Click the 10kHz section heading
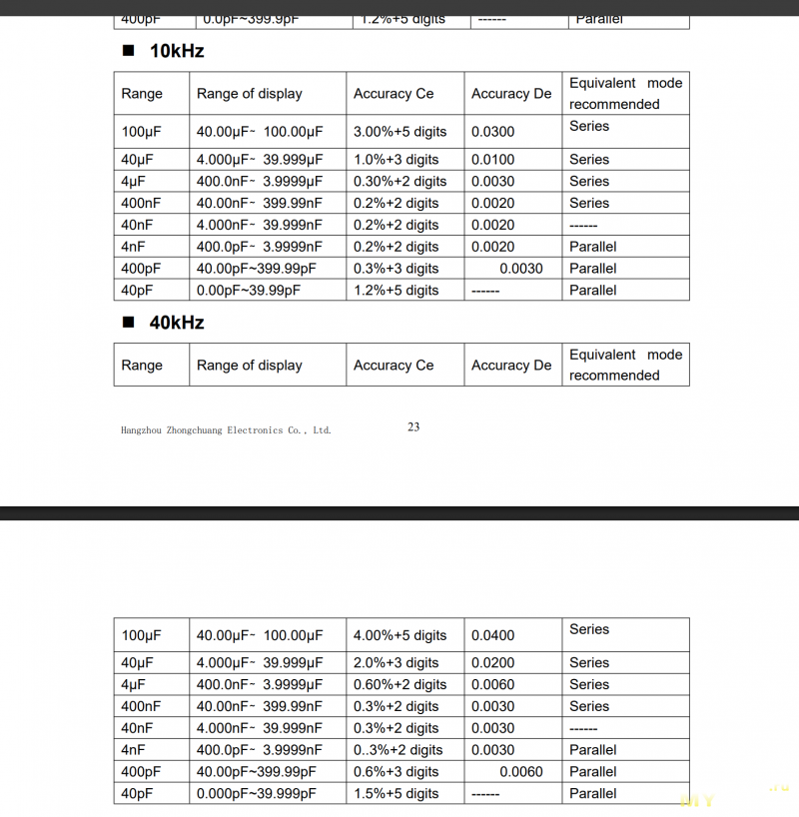[177, 51]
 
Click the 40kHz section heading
[177, 323]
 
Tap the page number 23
[413, 426]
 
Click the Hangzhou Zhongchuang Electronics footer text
[226, 430]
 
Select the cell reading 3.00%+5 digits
[399, 132]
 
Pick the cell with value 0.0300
[493, 132]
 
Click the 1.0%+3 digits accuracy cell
[396, 160]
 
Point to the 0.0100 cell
[493, 160]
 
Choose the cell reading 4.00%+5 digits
[399, 635]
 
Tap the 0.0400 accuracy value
[493, 635]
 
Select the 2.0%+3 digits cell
[396, 663]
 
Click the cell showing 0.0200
[493, 663]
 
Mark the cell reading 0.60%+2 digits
[399, 685]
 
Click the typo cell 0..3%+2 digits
[398, 750]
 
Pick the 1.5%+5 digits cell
[396, 794]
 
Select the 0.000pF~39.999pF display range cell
[257, 794]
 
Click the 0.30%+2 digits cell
[399, 182]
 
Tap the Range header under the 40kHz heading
[142, 366]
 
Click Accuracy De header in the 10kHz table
[511, 94]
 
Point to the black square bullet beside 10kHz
[127, 51]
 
